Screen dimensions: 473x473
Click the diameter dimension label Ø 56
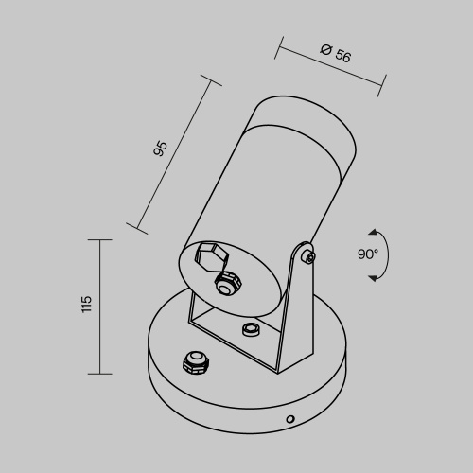click(x=336, y=54)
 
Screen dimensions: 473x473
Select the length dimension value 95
click(x=161, y=148)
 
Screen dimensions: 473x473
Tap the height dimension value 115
click(x=86, y=305)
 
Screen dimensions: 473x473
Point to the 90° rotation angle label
click(x=368, y=254)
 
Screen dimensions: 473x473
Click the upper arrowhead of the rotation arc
click(x=374, y=232)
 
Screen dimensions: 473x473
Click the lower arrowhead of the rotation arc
click(x=374, y=277)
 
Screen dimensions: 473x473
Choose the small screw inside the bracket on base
click(x=251, y=328)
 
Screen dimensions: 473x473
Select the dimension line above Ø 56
click(x=331, y=67)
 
